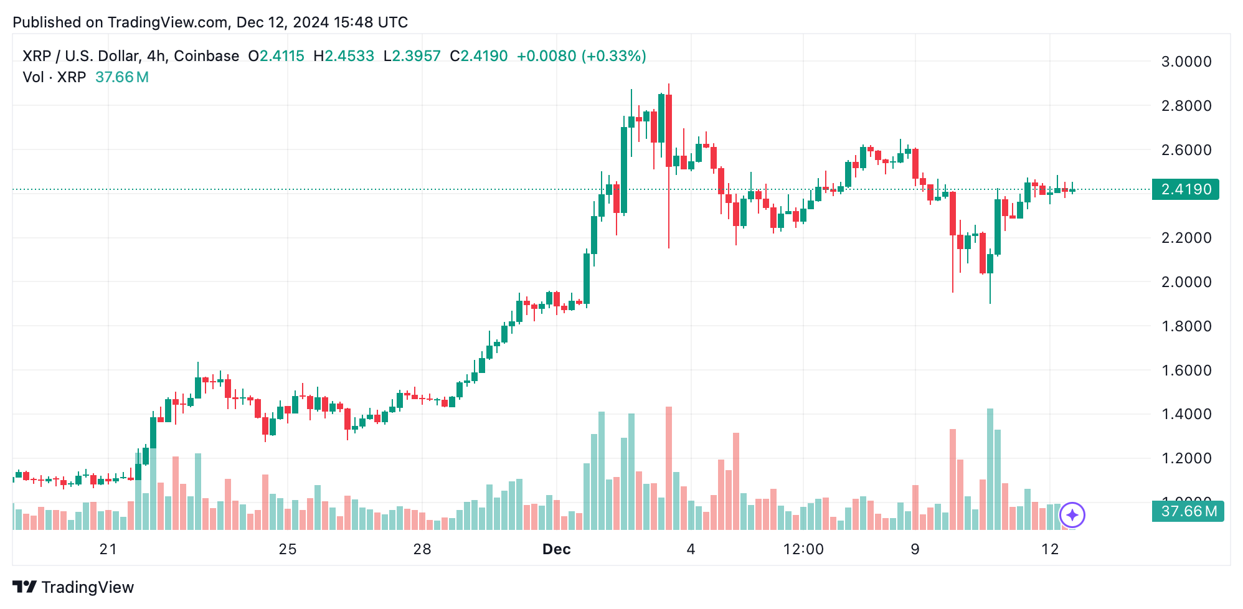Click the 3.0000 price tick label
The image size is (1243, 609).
pyautogui.click(x=1186, y=62)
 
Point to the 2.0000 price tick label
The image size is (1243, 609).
pyautogui.click(x=1186, y=282)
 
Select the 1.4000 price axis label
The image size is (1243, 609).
pyautogui.click(x=1186, y=414)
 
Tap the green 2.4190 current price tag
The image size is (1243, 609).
pyautogui.click(x=1185, y=189)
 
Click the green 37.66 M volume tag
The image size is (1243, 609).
pyautogui.click(x=1188, y=511)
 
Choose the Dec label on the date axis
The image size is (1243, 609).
pyautogui.click(x=556, y=549)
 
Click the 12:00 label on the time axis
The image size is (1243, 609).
pyautogui.click(x=803, y=549)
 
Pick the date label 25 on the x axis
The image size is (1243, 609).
pyautogui.click(x=288, y=549)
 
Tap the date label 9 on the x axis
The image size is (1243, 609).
pyautogui.click(x=914, y=549)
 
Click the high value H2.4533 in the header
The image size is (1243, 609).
pyautogui.click(x=344, y=56)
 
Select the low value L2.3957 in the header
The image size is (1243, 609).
pyautogui.click(x=412, y=56)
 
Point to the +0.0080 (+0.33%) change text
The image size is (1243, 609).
pyautogui.click(x=581, y=56)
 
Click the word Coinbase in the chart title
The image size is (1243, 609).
pyautogui.click(x=206, y=56)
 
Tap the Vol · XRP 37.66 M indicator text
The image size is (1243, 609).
pyautogui.click(x=85, y=77)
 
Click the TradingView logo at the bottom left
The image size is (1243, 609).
pyautogui.click(x=73, y=587)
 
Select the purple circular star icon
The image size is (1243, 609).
pyautogui.click(x=1072, y=515)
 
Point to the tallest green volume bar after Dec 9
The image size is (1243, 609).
pyautogui.click(x=990, y=468)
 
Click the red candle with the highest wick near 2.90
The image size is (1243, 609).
pyautogui.click(x=669, y=131)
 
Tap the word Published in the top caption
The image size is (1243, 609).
pyautogui.click(x=47, y=22)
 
